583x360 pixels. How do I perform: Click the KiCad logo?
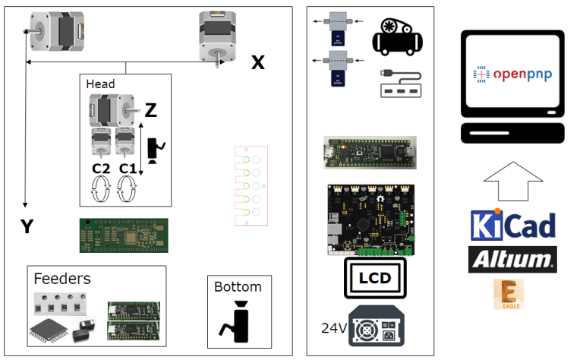(x=513, y=226)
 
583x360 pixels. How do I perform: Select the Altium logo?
(x=512, y=259)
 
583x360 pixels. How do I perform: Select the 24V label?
(x=333, y=328)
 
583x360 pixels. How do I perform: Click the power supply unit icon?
(x=377, y=325)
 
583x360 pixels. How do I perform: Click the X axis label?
(x=258, y=63)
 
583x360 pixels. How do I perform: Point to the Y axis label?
(x=27, y=226)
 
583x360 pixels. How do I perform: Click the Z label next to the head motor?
(x=150, y=111)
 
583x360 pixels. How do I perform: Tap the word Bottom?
(x=238, y=286)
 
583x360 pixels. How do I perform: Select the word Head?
(x=100, y=84)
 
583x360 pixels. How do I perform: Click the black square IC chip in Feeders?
(x=46, y=327)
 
